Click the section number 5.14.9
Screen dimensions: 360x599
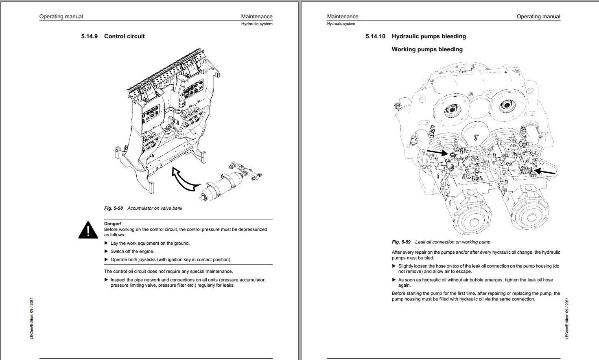[x=89, y=36]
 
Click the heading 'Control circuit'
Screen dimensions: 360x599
[x=124, y=36]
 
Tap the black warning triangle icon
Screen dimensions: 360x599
[x=88, y=230]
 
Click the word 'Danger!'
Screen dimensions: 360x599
[x=113, y=224]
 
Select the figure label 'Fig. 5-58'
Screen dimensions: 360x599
[x=113, y=208]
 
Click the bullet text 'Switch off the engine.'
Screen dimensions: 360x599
[x=132, y=251]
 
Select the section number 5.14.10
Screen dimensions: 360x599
[x=375, y=36]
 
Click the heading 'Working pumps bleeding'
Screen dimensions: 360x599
[x=427, y=49]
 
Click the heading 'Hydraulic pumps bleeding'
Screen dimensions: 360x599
[x=428, y=36]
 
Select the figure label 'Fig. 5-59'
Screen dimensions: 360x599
[x=401, y=242]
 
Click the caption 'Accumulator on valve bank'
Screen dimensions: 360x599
[x=155, y=208]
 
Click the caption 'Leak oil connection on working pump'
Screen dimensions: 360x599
[x=453, y=242]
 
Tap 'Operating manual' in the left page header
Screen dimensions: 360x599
[x=61, y=17]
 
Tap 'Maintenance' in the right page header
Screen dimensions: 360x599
[x=343, y=17]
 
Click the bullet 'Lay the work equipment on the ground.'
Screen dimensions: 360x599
[x=150, y=243]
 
